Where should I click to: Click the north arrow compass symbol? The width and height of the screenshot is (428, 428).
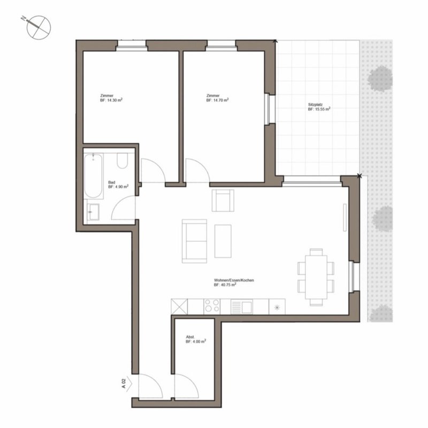pos(39,27)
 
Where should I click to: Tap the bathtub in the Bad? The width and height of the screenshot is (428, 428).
pos(93,176)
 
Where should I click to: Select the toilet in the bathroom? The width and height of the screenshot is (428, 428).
pos(123,160)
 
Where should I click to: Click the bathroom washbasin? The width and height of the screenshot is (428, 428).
pos(93,212)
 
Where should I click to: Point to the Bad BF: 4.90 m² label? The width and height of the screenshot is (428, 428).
pos(118,185)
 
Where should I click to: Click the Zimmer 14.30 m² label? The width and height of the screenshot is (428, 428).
pos(111,98)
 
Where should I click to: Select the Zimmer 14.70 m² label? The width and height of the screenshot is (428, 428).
pos(217,98)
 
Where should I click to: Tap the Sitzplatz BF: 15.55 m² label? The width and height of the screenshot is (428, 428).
pos(319,106)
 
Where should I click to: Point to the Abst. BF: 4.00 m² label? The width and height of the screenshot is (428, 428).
pos(196,339)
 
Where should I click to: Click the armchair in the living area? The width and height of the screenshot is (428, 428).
pos(223,200)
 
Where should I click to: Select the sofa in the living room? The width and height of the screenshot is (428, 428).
pos(194,241)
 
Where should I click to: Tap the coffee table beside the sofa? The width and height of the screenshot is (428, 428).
pos(223,241)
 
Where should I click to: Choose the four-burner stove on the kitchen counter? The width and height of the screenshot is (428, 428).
pos(212,306)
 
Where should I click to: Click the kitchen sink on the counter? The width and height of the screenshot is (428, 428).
pos(242,306)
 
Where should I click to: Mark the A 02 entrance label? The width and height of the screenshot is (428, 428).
pos(124,383)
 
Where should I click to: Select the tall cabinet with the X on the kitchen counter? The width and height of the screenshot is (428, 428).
pos(179,307)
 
